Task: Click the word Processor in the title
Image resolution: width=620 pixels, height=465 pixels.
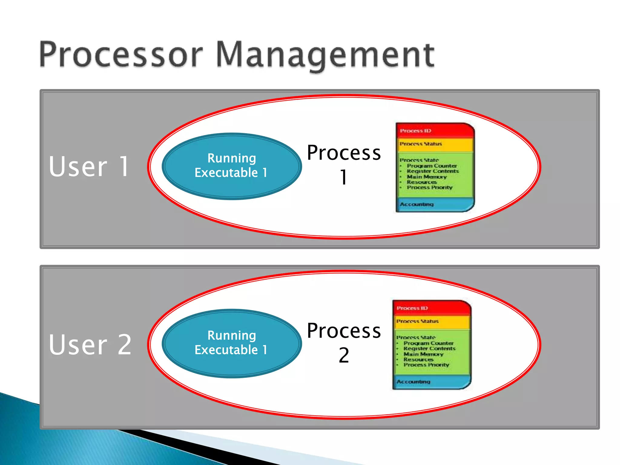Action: [x=121, y=54]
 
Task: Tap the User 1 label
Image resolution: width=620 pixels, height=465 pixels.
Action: [x=90, y=167]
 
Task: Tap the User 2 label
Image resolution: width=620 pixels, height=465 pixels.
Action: [x=90, y=345]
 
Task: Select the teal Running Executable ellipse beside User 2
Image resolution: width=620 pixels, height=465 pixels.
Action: [x=232, y=343]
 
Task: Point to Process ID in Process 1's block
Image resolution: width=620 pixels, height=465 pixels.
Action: [x=415, y=131]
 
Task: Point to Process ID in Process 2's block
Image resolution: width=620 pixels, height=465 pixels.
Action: [x=412, y=308]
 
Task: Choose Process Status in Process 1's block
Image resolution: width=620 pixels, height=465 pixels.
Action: [x=420, y=144]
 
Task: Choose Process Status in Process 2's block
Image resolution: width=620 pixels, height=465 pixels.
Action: [x=417, y=321]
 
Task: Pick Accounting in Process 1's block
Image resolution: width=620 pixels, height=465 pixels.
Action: [x=417, y=204]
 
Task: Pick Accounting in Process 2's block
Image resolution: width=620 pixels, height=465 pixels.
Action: [x=413, y=382]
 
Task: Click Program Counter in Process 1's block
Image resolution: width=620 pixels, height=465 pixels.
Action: [x=432, y=166]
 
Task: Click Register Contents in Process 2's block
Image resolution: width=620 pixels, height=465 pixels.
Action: [x=429, y=349]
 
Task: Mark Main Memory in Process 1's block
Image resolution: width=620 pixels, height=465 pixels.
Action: [x=427, y=177]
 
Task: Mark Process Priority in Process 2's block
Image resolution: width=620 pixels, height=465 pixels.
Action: [x=426, y=365]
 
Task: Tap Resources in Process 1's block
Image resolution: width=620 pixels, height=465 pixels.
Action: [x=421, y=182]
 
